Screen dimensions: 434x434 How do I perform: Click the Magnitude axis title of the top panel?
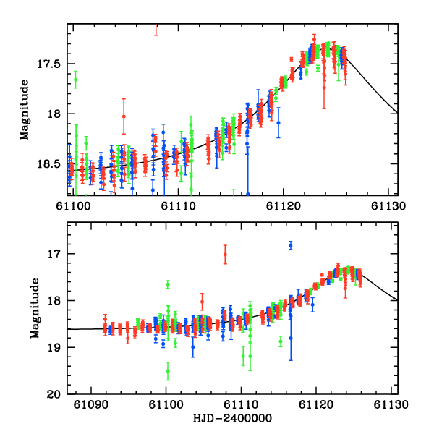tap(24, 110)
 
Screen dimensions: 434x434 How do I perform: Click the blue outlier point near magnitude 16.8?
tap(291, 245)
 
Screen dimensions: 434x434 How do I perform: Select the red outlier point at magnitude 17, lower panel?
tap(225, 254)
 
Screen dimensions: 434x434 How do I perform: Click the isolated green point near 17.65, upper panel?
tap(75, 80)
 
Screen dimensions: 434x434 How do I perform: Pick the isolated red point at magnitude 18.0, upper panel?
tap(124, 116)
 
